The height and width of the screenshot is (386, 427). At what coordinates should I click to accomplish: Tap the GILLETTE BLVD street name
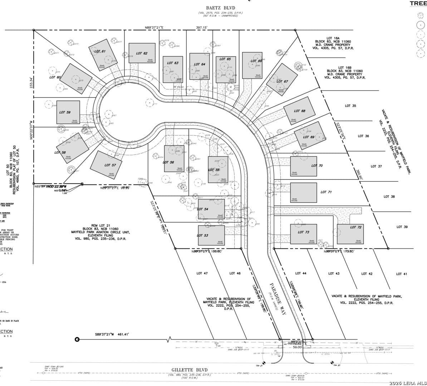pyautogui.click(x=189, y=370)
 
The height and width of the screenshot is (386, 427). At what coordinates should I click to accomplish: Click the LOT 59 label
pyautogui.click(x=64, y=112)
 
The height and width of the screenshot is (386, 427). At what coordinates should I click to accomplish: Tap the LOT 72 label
pyautogui.click(x=356, y=227)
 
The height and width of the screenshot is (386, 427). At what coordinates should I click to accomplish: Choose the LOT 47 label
pyautogui.click(x=202, y=273)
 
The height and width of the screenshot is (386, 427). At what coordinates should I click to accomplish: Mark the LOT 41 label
pyautogui.click(x=401, y=274)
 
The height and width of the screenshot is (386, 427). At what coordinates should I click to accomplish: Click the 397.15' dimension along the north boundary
pyautogui.click(x=202, y=27)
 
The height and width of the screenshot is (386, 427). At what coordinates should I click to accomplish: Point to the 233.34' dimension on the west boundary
pyautogui.click(x=31, y=83)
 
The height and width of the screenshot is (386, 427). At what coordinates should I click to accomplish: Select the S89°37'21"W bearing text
pyautogui.click(x=109, y=334)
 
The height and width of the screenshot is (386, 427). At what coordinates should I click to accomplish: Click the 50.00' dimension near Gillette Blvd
pyautogui.click(x=298, y=347)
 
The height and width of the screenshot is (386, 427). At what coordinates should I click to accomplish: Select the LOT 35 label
pyautogui.click(x=350, y=106)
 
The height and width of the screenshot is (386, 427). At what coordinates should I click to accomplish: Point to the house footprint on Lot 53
pyautogui.click(x=211, y=235)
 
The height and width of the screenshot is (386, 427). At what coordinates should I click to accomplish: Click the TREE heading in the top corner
pyautogui.click(x=418, y=3)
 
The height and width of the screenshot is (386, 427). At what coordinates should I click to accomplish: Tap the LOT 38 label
pyautogui.click(x=389, y=197)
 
